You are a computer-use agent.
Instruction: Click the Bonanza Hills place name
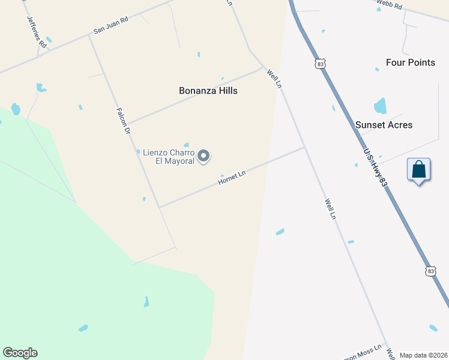tap(208, 91)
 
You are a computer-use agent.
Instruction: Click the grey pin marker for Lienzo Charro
tap(204, 156)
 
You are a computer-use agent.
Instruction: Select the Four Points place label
tap(411, 62)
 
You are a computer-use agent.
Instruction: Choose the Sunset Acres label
tap(384, 125)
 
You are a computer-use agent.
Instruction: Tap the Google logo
tap(20, 353)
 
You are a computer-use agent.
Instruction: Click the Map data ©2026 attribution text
tap(423, 355)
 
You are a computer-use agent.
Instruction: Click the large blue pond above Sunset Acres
tap(381, 106)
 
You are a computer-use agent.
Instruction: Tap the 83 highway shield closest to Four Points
tap(322, 63)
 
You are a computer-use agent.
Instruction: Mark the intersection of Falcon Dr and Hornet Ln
tap(159, 208)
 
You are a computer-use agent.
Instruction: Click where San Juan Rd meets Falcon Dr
tap(89, 35)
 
